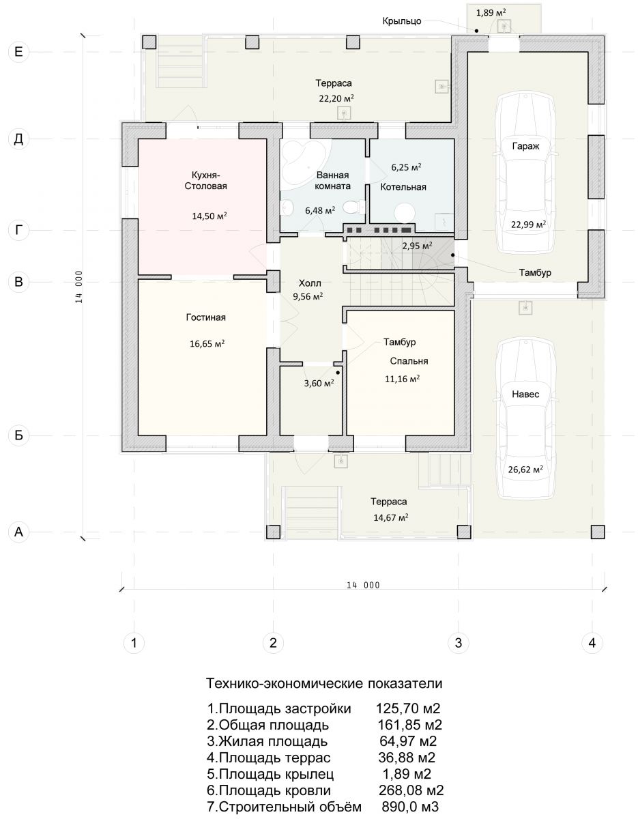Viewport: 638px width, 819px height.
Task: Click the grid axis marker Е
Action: tap(18, 52)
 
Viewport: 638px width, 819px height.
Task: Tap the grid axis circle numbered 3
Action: tap(458, 642)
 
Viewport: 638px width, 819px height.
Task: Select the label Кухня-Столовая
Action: tap(205, 181)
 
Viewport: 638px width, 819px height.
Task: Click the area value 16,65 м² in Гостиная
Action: tap(207, 343)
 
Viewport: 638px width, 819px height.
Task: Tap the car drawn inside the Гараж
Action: tap(525, 173)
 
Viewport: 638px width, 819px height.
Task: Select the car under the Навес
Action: tap(525, 419)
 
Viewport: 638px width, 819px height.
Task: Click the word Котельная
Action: tap(403, 187)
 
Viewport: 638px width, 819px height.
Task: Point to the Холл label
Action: tap(310, 283)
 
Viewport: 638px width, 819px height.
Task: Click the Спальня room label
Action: tap(409, 361)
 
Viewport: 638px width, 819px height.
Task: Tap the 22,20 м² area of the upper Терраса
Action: tap(336, 98)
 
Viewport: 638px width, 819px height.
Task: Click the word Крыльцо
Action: tap(402, 21)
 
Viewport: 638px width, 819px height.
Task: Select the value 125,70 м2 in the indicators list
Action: tap(408, 708)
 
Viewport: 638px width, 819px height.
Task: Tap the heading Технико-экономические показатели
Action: tap(324, 683)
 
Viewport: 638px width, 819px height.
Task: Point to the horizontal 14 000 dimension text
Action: tap(363, 585)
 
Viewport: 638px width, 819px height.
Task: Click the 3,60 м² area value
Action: tap(319, 384)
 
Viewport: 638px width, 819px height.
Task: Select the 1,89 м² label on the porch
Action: tap(491, 13)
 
